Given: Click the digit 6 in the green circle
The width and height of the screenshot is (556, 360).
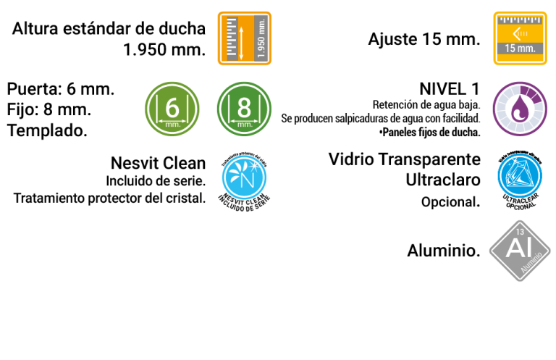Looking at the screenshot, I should point(172,107).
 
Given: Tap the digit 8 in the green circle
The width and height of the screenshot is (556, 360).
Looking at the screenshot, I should point(244,107).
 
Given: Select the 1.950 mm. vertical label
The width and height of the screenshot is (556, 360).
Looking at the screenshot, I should point(261,38).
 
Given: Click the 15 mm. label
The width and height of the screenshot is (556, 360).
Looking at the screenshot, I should point(520,49).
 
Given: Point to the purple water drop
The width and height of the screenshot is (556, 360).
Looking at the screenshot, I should point(519,110).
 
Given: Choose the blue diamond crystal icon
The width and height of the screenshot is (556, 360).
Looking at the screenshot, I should point(520,176).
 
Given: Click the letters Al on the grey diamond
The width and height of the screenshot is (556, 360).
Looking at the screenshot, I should point(518,248).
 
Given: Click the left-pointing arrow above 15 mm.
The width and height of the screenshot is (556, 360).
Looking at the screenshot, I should point(518,33).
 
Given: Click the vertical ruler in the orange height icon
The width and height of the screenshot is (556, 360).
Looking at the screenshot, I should point(232,38).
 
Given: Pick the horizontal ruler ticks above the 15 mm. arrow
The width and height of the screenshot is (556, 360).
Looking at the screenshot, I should point(520,20).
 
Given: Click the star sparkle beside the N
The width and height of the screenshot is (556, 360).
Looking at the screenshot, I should point(254,169).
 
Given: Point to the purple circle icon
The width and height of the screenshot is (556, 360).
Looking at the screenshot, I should point(520,109).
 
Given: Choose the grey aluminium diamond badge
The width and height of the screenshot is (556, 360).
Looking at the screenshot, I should point(520,251).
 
